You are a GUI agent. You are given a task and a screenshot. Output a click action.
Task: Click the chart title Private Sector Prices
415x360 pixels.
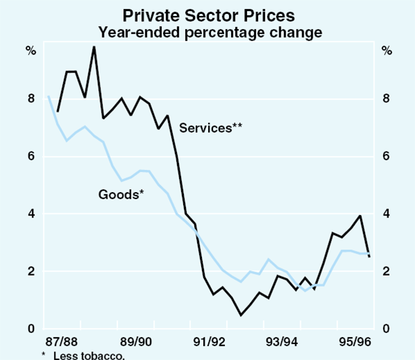[207, 13]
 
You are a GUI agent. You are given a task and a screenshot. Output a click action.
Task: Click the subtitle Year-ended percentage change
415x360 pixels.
[207, 31]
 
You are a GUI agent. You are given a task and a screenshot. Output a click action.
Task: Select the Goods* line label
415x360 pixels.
[121, 193]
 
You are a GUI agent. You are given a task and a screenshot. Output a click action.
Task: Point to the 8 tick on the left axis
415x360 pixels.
[31, 99]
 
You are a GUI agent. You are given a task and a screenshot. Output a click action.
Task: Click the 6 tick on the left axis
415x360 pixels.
[31, 156]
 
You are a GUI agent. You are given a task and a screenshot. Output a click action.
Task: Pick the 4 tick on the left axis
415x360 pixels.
[31, 214]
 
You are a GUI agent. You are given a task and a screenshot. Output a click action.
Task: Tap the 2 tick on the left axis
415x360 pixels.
[31, 271]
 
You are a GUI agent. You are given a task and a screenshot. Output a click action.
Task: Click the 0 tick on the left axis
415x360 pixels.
[31, 329]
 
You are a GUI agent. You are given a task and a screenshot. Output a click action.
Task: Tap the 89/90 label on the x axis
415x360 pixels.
[136, 342]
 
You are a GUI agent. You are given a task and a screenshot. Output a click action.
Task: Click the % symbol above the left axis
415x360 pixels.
[31, 50]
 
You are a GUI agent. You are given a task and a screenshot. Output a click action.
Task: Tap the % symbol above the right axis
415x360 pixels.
[386, 50]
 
